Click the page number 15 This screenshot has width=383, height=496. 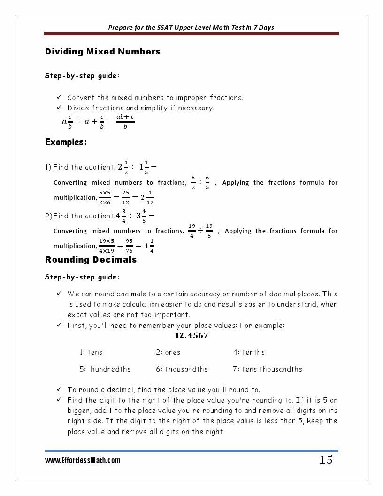pyautogui.click(x=325, y=460)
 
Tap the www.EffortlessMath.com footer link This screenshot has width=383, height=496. pyautogui.click(x=83, y=461)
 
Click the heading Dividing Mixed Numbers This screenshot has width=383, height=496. pyautogui.click(x=102, y=52)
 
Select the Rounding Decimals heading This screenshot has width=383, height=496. pyautogui.click(x=91, y=260)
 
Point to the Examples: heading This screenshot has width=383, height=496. pyautogui.click(x=66, y=142)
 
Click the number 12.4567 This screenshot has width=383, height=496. pyautogui.click(x=191, y=336)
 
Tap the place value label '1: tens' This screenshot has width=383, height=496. pyautogui.click(x=91, y=352)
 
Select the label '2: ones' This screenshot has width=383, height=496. pyautogui.click(x=168, y=352)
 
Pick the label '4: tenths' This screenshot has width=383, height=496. pyautogui.click(x=249, y=352)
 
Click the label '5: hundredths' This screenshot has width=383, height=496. pyautogui.click(x=105, y=369)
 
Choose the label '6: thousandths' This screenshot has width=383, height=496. pyautogui.click(x=182, y=369)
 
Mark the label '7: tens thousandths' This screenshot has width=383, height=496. pyautogui.click(x=268, y=369)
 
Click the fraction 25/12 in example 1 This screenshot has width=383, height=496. pyautogui.click(x=126, y=197)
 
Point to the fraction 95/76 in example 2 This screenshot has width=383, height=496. pyautogui.click(x=129, y=246)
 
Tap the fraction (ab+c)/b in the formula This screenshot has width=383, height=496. pyautogui.click(x=125, y=122)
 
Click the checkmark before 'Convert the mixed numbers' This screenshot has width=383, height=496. pyautogui.click(x=59, y=97)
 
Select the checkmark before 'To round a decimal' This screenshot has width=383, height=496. pyautogui.click(x=59, y=389)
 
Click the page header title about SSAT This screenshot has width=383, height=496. pyautogui.click(x=191, y=27)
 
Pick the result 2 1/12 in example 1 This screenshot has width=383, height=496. pyautogui.click(x=147, y=197)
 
